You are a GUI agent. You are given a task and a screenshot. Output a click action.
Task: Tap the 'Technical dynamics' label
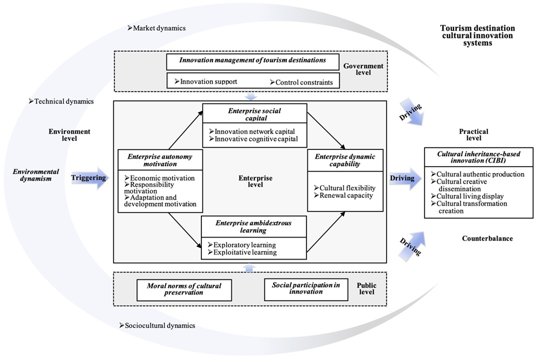[64, 101]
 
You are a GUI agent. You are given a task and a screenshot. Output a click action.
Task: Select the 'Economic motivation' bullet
[162, 178]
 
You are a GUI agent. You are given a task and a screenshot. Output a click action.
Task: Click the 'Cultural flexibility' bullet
[344, 188]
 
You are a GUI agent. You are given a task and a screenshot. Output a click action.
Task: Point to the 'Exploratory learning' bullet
[242, 245]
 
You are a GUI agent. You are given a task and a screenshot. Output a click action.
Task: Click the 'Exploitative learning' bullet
[242, 252]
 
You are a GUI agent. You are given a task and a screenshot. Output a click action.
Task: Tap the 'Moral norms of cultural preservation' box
[184, 289]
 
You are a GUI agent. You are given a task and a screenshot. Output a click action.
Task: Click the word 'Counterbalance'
[488, 238]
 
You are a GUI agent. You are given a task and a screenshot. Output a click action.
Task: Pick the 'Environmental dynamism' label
[36, 176]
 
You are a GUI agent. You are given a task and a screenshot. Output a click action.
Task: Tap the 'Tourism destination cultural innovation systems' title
[477, 36]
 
